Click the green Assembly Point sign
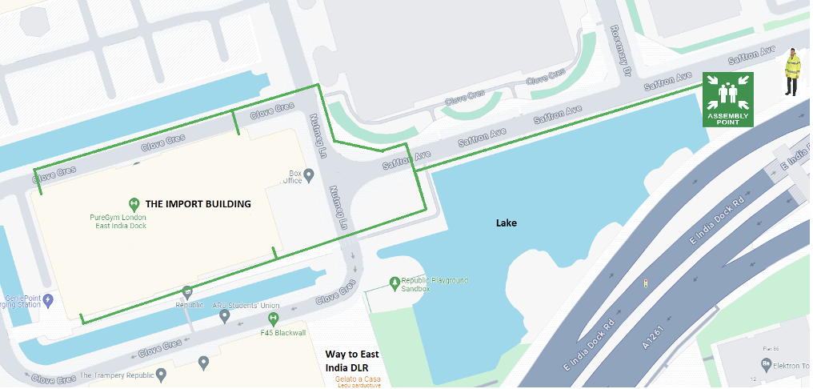728,99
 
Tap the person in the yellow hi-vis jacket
791,71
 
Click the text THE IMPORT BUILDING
208,204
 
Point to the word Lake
506,223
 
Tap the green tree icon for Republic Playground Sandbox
394,282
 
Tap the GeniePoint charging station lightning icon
47,300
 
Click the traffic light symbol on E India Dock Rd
645,283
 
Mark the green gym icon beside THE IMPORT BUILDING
134,204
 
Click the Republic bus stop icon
187,292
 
